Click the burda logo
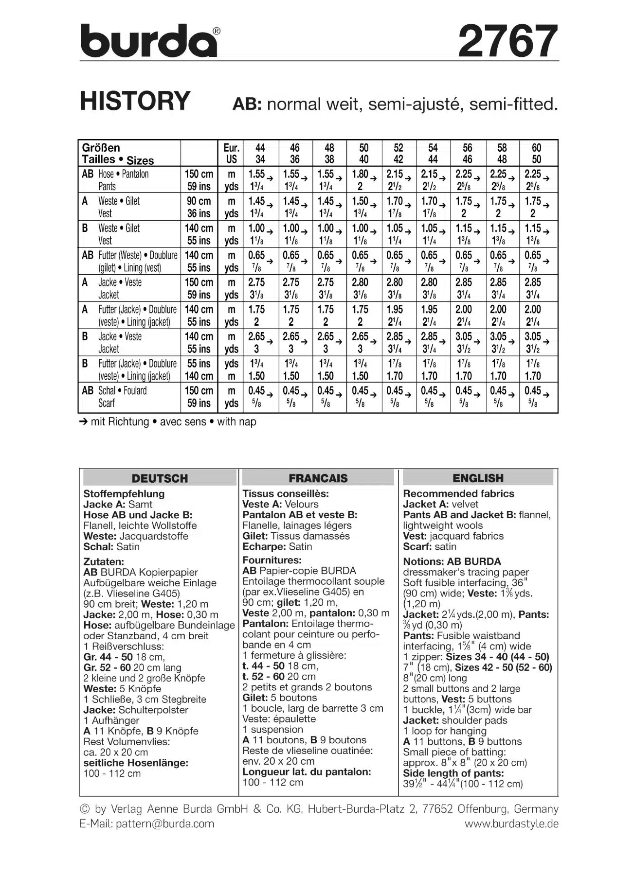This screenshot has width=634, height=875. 149,41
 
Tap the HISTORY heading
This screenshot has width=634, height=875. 135,101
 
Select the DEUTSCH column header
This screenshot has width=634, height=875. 160,478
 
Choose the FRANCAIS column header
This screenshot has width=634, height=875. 318,478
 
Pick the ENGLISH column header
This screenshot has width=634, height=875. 478,478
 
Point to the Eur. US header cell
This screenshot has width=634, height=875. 231,154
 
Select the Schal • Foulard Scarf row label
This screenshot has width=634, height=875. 122,397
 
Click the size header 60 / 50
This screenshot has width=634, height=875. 536,154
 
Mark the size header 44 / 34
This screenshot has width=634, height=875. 260,154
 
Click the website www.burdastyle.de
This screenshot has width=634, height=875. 511,823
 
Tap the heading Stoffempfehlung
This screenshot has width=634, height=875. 124,493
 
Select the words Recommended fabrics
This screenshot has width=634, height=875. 458,493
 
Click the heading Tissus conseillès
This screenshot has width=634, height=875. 286,493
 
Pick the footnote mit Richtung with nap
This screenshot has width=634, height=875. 168,421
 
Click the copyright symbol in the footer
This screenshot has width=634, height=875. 85,809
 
